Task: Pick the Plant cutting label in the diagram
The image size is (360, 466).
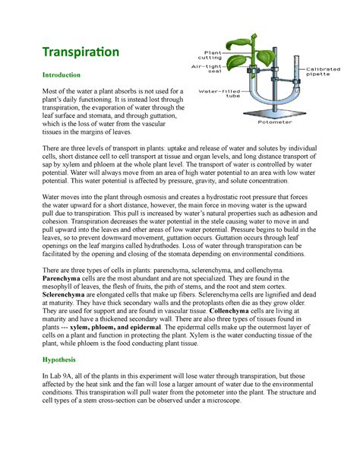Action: point(210,55)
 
